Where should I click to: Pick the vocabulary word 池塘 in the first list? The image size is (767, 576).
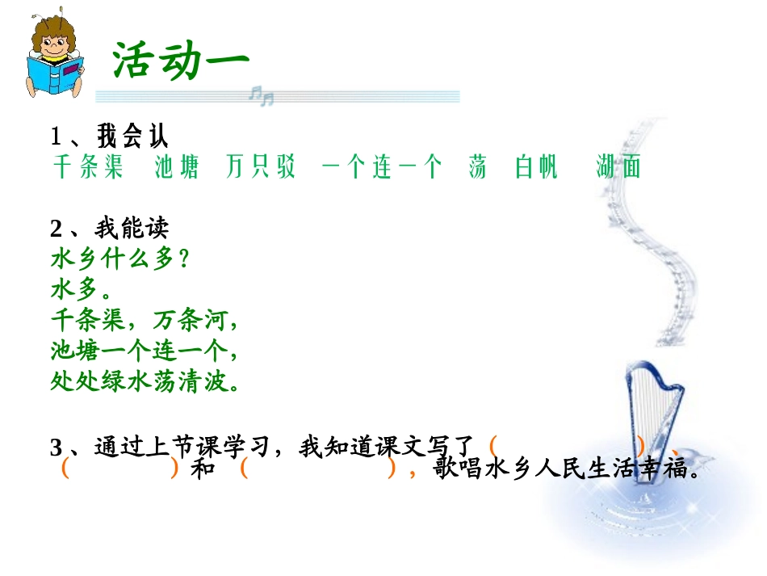[176, 167]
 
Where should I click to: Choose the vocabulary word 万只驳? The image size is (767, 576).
[261, 167]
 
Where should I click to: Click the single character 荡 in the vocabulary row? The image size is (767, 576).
[477, 167]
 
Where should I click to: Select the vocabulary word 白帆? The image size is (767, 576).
[536, 167]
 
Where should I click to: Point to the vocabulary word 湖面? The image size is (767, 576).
[618, 167]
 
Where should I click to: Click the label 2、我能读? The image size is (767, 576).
[110, 229]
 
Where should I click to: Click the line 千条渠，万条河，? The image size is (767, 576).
[145, 320]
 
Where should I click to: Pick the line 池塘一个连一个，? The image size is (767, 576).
[145, 350]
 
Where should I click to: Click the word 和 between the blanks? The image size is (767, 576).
[203, 469]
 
